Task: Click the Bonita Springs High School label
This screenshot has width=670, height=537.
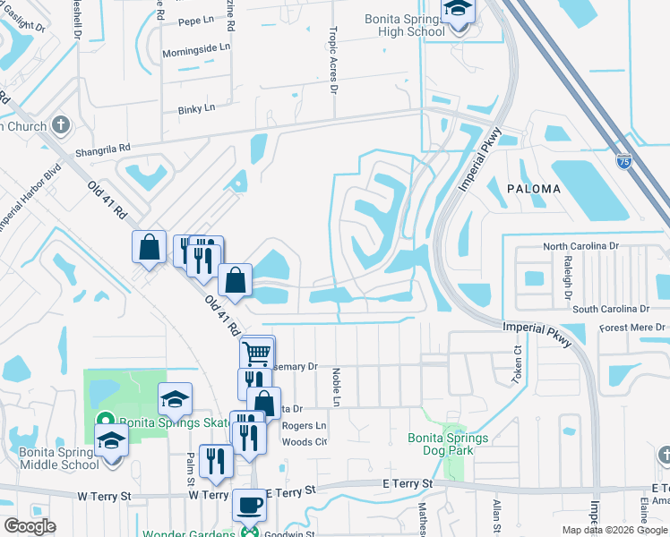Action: point(405,25)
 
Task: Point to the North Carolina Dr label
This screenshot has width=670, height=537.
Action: point(594,246)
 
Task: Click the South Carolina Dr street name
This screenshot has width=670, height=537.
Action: point(611,309)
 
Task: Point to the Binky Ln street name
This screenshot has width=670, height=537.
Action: point(195,108)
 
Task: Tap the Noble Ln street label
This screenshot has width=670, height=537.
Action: point(338,386)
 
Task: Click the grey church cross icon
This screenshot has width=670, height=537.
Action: point(61,124)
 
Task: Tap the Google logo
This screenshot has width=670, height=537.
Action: point(29,526)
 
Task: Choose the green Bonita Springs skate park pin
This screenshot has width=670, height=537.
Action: point(104,420)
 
